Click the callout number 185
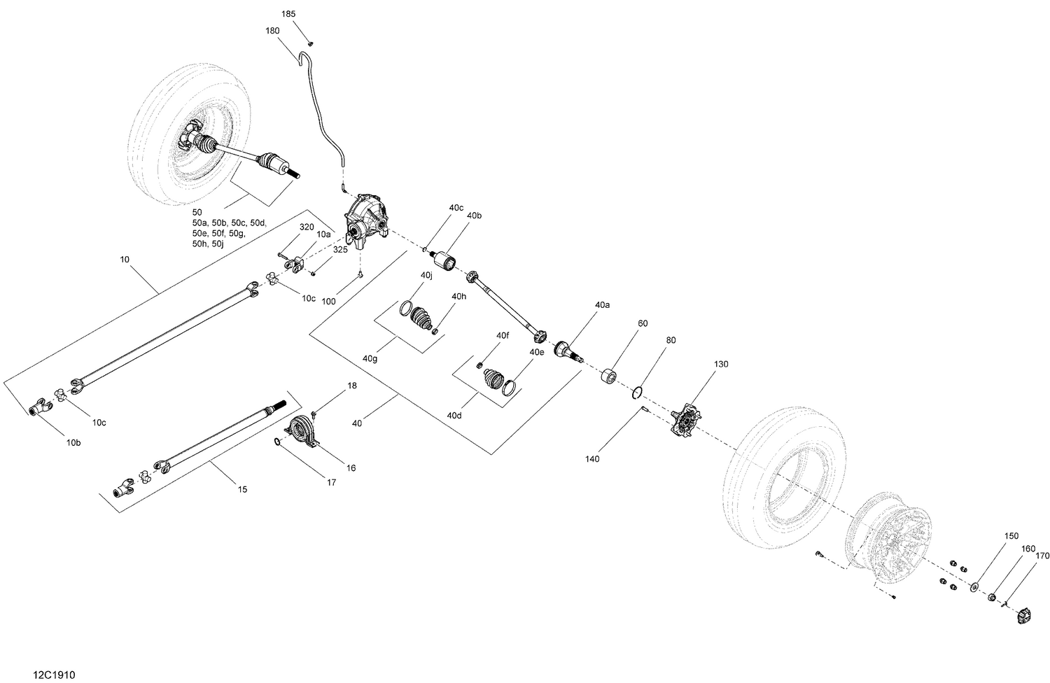[288, 14]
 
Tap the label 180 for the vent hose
[272, 30]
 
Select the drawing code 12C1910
[54, 675]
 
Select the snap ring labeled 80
[639, 393]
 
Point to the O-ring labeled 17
[278, 441]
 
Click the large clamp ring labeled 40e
[511, 386]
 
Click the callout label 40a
[602, 305]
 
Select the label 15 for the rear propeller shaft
[242, 489]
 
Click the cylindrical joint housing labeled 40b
[445, 263]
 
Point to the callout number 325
[340, 249]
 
